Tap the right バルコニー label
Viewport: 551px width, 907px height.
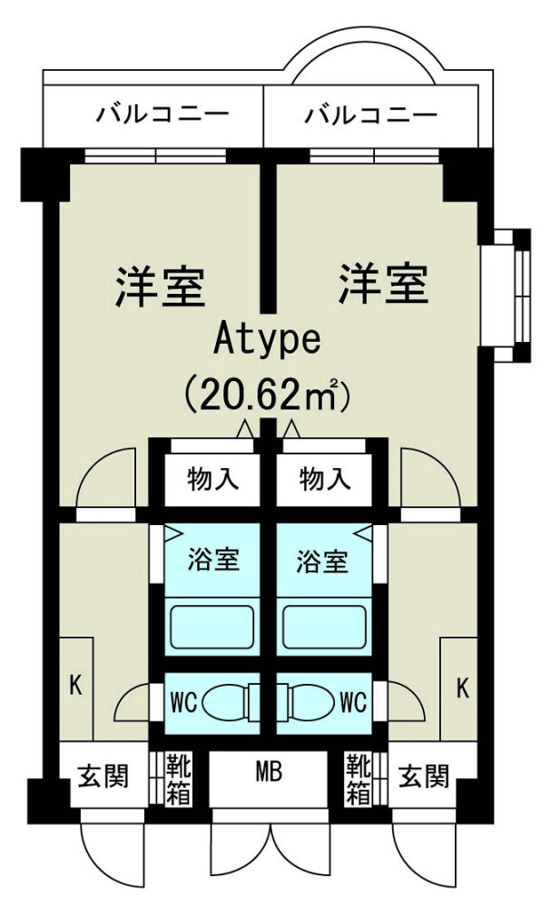pyautogui.click(x=371, y=115)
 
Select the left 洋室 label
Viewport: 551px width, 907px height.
pyautogui.click(x=160, y=285)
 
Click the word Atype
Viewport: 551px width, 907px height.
pyautogui.click(x=268, y=340)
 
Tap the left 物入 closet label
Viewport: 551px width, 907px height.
pyautogui.click(x=213, y=478)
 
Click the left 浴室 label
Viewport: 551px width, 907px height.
pyautogui.click(x=214, y=560)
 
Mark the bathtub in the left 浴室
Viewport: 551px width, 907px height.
pyautogui.click(x=213, y=625)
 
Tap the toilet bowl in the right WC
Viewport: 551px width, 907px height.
pyautogui.click(x=309, y=703)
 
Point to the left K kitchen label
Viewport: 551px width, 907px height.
pyautogui.click(x=76, y=685)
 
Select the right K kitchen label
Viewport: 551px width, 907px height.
pyautogui.click(x=462, y=688)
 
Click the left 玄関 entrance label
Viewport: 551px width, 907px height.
pyautogui.click(x=103, y=776)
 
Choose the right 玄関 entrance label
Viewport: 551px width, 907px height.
pyautogui.click(x=424, y=776)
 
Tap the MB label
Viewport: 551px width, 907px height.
pyautogui.click(x=269, y=773)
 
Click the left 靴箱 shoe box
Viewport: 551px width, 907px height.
pyautogui.click(x=177, y=778)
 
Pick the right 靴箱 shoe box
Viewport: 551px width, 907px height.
pyautogui.click(x=359, y=778)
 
